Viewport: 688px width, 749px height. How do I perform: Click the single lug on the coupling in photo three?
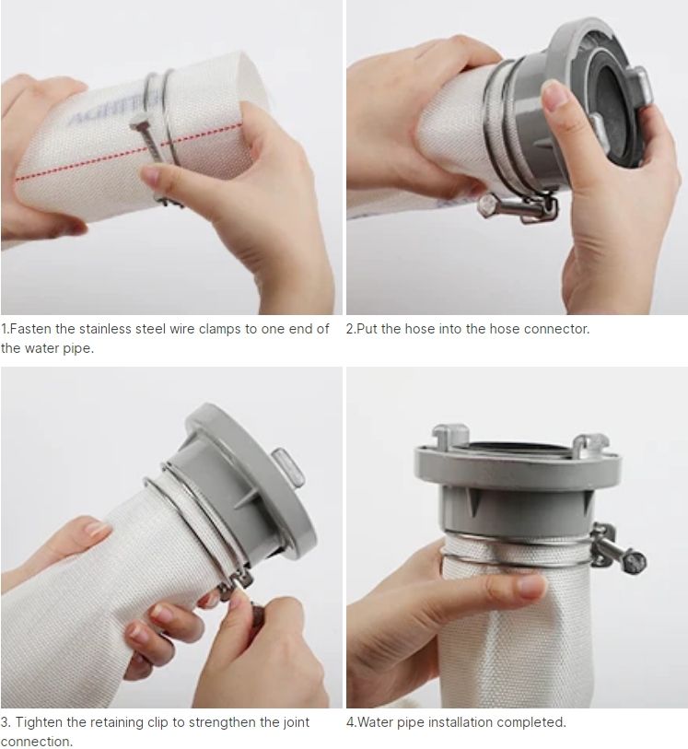(x=288, y=467)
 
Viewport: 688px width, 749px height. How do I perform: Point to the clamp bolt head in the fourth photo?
(x=635, y=559)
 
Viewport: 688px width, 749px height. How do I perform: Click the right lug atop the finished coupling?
(x=589, y=444)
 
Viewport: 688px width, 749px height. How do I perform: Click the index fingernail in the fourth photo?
(x=531, y=588)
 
